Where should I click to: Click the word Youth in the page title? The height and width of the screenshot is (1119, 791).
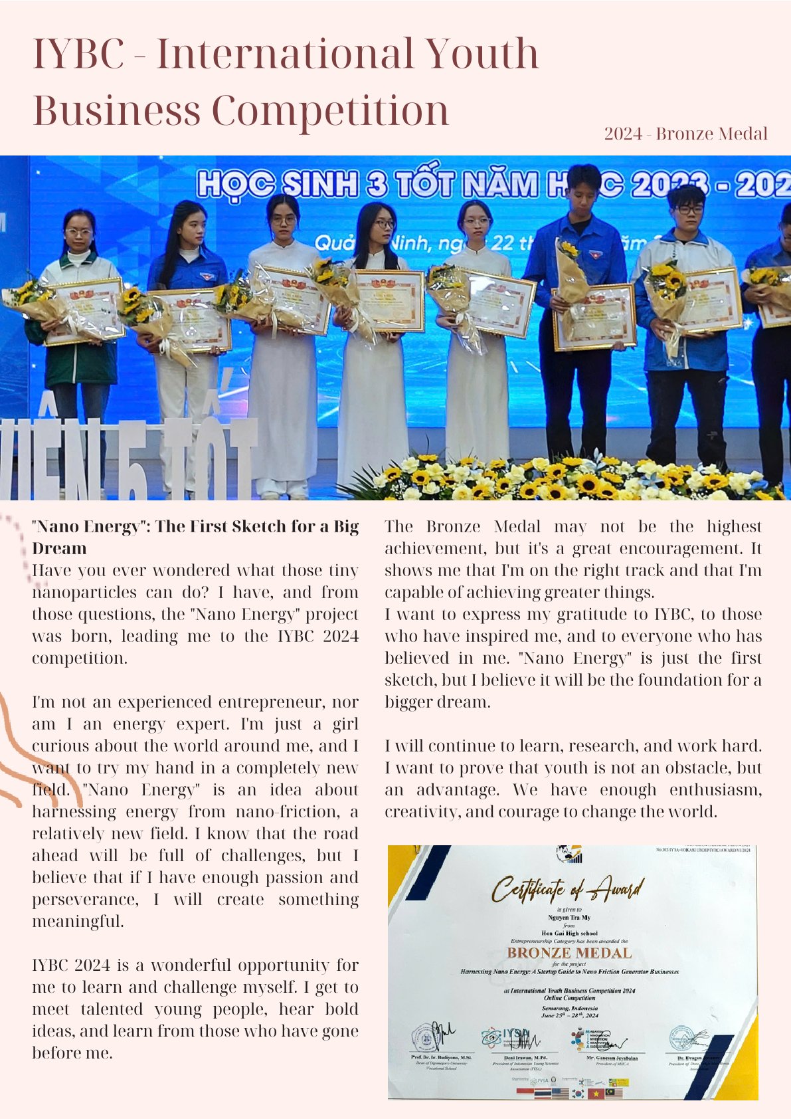pos(482,54)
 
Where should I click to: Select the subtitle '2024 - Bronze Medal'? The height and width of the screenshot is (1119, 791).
pos(685,134)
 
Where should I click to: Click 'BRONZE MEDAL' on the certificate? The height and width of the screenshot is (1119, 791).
pos(569,953)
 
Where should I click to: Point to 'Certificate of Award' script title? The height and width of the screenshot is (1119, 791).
pos(567,889)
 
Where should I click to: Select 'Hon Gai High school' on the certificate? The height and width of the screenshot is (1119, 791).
pos(569,934)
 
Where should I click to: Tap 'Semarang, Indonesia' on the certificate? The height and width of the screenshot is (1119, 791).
pos(569,1008)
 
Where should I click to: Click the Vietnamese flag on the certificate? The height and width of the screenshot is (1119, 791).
pos(596,1093)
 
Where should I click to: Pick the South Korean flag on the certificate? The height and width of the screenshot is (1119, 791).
pos(578,1093)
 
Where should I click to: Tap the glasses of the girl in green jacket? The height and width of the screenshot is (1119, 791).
pos(78,233)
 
